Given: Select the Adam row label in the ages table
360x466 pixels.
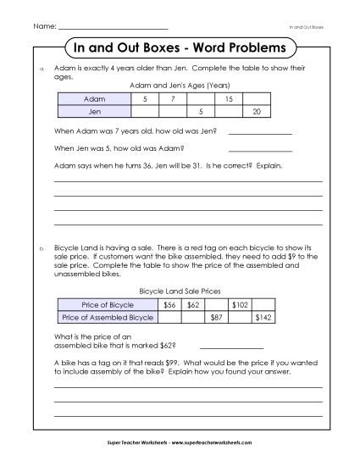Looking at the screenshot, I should click(94, 99).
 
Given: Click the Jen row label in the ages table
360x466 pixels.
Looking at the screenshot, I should click(94, 111).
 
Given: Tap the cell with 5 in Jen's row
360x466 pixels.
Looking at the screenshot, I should click(201, 111).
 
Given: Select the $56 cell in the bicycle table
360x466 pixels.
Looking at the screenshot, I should click(169, 303).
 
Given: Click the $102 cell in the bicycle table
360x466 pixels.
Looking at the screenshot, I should click(240, 303).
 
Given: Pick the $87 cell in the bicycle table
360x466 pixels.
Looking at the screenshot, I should click(216, 317).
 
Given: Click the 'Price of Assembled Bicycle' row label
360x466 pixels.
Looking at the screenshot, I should click(108, 317).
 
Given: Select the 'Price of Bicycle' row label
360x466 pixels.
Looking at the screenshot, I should click(108, 303).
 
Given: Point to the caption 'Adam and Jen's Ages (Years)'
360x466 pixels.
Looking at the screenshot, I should click(180, 86).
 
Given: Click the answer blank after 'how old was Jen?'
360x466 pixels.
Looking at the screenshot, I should click(260, 133).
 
